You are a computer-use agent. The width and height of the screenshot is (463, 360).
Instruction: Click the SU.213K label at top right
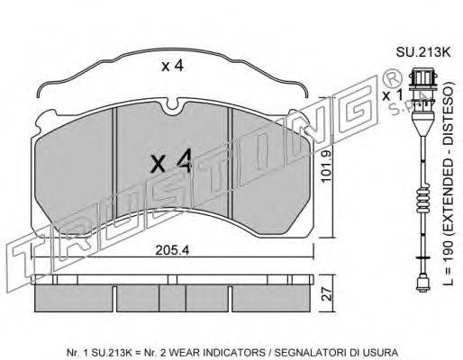point(423,52)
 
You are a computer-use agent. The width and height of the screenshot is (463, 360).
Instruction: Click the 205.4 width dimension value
point(172,250)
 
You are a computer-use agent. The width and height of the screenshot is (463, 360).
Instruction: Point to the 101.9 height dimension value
point(325,166)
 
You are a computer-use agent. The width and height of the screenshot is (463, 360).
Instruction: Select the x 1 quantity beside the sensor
point(392,95)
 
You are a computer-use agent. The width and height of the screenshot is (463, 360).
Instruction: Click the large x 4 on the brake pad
point(171,162)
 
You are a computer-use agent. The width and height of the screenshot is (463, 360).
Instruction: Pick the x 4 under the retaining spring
point(172,66)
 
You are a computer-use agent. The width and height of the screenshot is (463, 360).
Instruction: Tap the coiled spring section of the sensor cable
point(422,200)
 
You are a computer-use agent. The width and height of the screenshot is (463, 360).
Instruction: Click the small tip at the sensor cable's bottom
point(422,284)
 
